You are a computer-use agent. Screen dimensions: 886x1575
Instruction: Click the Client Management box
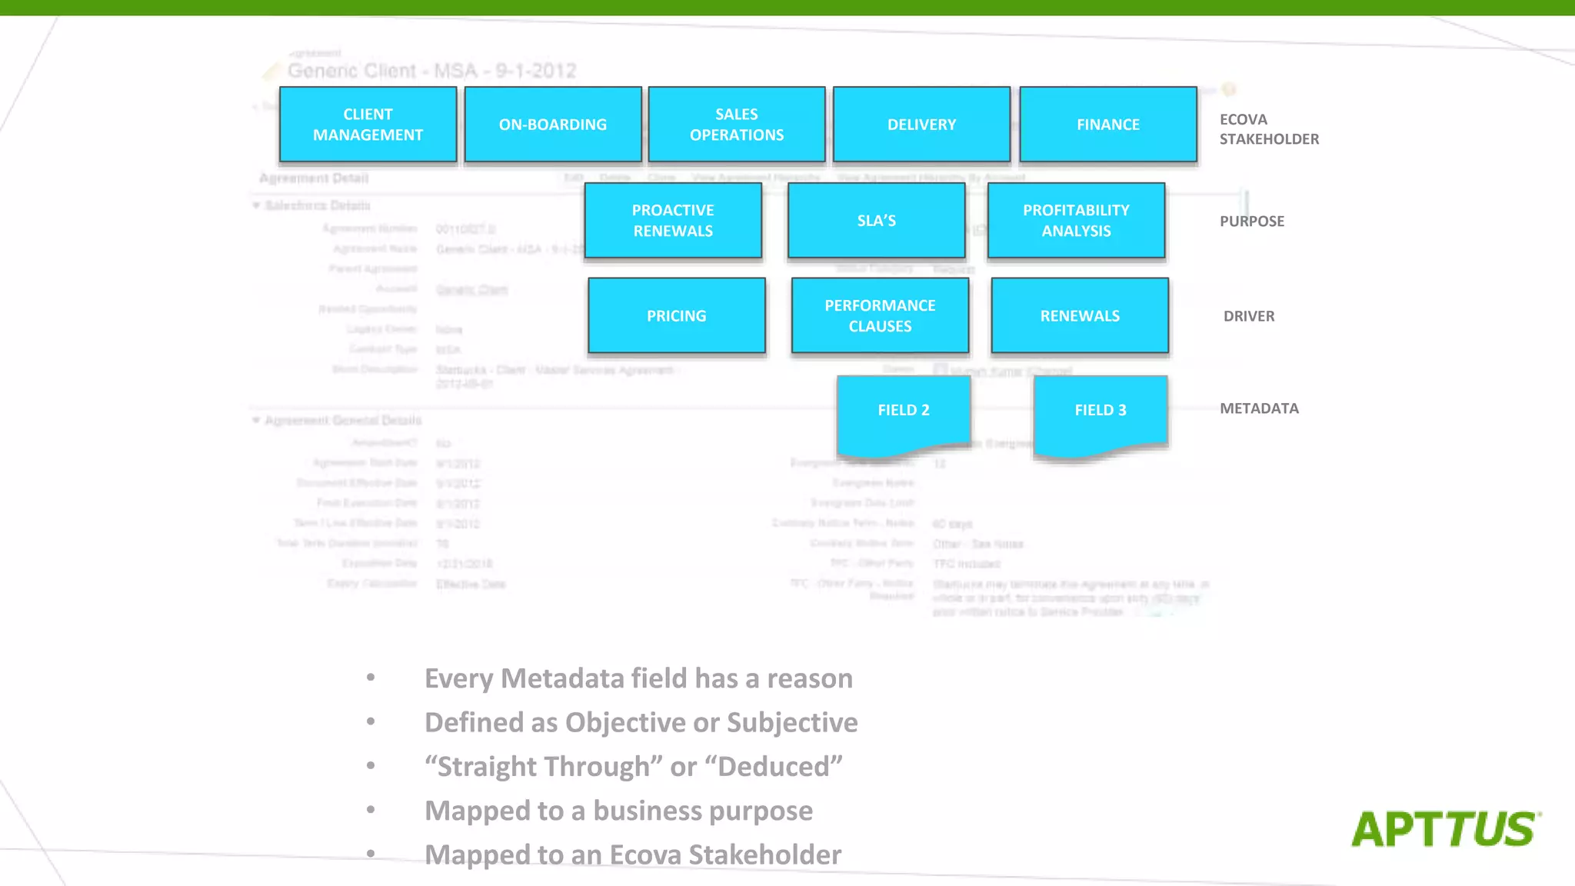tap(368, 125)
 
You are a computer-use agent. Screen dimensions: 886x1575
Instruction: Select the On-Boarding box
tap(553, 125)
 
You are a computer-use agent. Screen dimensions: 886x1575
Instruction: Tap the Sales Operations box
tap(737, 125)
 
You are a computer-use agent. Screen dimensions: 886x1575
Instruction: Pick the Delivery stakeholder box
tap(921, 125)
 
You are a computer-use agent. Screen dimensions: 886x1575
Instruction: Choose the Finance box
tap(1107, 125)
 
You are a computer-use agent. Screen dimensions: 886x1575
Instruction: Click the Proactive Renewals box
tap(673, 221)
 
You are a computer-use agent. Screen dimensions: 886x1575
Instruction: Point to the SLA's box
tap(877, 221)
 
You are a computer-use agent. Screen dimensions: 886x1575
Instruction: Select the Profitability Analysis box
tap(1076, 221)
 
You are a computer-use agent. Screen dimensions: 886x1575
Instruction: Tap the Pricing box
tap(677, 316)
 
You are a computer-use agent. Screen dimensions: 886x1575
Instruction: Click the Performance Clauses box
tap(880, 316)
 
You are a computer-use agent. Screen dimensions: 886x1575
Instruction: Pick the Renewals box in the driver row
tap(1080, 316)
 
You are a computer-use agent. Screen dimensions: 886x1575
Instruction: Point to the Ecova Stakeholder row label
tap(1269, 129)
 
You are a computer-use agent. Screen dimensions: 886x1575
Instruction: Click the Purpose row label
tap(1252, 221)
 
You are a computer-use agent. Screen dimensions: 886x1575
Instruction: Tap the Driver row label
tap(1249, 316)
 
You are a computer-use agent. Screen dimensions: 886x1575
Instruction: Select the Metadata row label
tap(1259, 408)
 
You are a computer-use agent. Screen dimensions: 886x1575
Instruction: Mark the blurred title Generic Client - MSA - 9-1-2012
tap(431, 72)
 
